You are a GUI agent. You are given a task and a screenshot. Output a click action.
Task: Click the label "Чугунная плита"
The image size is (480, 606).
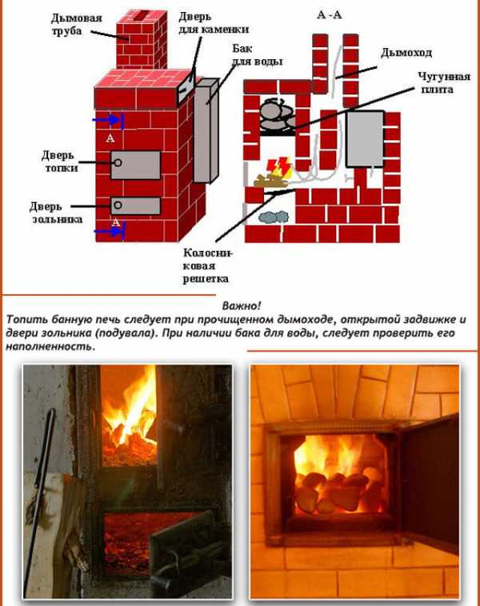pyautogui.click(x=434, y=82)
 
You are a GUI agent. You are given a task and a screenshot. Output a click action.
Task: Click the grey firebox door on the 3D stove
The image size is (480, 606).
pyautogui.click(x=135, y=164)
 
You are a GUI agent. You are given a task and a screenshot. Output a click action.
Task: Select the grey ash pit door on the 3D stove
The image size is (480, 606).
pyautogui.click(x=135, y=205)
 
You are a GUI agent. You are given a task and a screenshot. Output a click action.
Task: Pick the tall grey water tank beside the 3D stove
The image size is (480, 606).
pyautogui.click(x=206, y=131)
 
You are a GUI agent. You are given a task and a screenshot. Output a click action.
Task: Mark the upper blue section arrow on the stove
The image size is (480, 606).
pyautogui.click(x=110, y=120)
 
